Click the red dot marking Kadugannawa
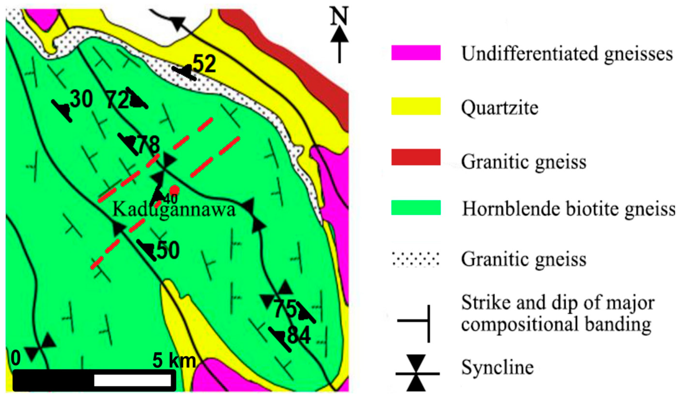pyautogui.click(x=175, y=190)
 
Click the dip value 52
pyautogui.click(x=205, y=64)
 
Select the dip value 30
pyautogui.click(x=82, y=99)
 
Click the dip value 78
pyautogui.click(x=148, y=145)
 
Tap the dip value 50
pyautogui.click(x=168, y=250)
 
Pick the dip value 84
pyautogui.click(x=299, y=335)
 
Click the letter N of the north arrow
pyautogui.click(x=339, y=17)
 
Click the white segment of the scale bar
pyautogui.click(x=132, y=380)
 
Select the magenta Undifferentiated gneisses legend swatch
pyautogui.click(x=416, y=52)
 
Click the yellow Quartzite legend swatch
pyautogui.click(x=416, y=106)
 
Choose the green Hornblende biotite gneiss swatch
pyautogui.click(x=416, y=208)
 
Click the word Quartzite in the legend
pyautogui.click(x=499, y=108)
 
